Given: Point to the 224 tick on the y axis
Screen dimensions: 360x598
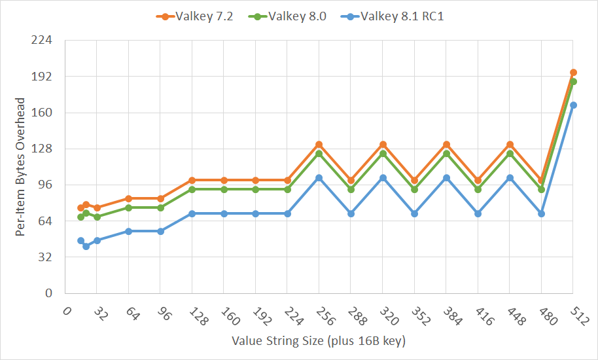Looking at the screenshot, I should (44, 40).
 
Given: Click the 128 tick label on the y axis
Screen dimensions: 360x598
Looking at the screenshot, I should (44, 149).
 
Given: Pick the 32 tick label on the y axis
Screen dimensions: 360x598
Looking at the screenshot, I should (46, 257).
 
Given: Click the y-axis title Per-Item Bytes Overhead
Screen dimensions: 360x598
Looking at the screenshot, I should (20, 166).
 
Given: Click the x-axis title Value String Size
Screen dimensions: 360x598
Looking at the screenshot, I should (319, 342).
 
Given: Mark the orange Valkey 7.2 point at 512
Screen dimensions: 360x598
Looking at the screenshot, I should (573, 73).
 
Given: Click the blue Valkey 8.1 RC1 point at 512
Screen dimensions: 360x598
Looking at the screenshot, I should (573, 105).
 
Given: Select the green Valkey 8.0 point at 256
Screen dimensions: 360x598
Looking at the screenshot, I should (319, 153).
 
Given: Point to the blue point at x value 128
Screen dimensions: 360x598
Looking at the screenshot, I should (192, 214).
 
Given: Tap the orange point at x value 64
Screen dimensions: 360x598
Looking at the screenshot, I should (128, 198).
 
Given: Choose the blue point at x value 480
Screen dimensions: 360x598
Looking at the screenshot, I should (541, 214).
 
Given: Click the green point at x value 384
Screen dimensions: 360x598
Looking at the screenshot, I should (446, 153).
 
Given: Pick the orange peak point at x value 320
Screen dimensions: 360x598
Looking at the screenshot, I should (383, 144).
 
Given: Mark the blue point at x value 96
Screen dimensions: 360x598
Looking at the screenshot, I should (160, 231).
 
